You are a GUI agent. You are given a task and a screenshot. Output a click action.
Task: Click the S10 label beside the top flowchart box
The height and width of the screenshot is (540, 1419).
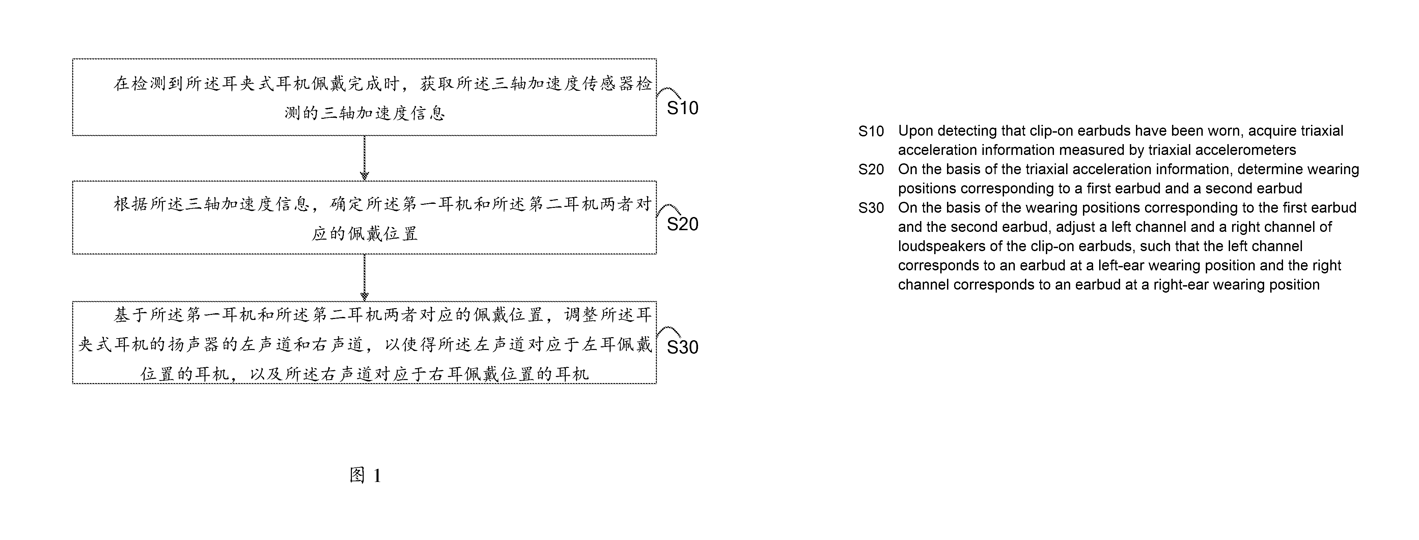[683, 108]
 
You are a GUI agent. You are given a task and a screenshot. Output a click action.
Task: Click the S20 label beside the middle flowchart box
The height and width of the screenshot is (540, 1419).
[683, 224]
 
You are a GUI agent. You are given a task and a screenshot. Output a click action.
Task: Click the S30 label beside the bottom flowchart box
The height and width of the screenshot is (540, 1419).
[683, 347]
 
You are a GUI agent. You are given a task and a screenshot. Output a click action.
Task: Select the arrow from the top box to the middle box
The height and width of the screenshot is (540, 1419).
[364, 158]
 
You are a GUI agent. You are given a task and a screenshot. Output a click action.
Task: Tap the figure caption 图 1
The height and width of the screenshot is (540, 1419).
[365, 475]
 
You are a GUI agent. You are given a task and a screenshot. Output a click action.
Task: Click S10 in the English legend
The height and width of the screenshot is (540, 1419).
[871, 131]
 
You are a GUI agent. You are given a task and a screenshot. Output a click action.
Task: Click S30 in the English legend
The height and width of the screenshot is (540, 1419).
[871, 208]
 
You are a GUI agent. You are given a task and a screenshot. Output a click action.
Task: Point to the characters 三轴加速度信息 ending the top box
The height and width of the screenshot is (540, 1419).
[383, 113]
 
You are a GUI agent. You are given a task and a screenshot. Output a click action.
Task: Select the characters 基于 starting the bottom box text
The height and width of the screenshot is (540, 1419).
[131, 315]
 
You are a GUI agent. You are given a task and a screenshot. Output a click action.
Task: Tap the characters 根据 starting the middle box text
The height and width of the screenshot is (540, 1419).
[131, 205]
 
